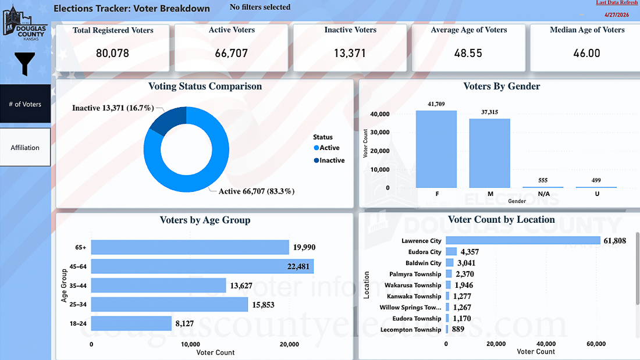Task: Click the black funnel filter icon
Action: [24, 63]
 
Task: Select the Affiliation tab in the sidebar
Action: [25, 147]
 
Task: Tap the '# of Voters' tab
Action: [25, 104]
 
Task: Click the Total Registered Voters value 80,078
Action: [113, 53]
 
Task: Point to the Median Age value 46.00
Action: [586, 53]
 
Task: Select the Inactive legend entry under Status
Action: [329, 161]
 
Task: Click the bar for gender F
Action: [436, 149]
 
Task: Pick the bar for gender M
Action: [489, 153]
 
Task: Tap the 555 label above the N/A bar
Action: [543, 180]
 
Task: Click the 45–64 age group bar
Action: [202, 266]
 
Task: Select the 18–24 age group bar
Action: [131, 323]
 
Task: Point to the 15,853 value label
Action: [263, 305]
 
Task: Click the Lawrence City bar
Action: [523, 240]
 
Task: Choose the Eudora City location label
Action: [425, 252]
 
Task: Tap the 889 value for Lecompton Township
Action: [458, 329]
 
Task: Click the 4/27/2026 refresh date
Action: [617, 15]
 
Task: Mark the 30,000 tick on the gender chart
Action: [379, 132]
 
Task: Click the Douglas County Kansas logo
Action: [25, 23]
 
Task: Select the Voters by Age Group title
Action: [205, 220]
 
